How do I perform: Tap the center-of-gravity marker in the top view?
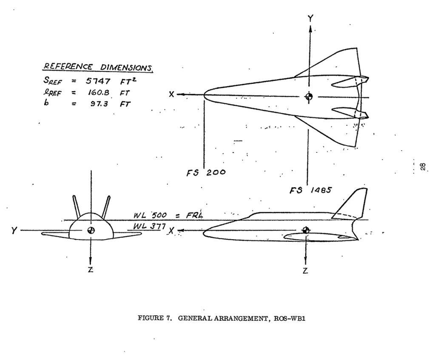pyautogui.click(x=309, y=97)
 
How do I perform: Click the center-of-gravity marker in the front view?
pyautogui.click(x=91, y=230)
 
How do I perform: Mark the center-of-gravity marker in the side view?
pyautogui.click(x=306, y=230)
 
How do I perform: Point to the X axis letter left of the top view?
pyautogui.click(x=171, y=94)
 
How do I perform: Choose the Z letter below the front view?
pyautogui.click(x=90, y=272)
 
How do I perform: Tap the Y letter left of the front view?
pyautogui.click(x=14, y=230)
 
